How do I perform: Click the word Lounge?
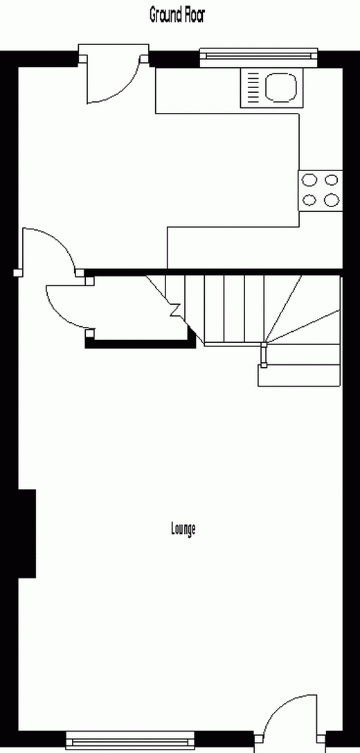click(x=183, y=529)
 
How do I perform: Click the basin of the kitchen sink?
click(x=281, y=87)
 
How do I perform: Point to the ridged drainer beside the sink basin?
click(x=253, y=87)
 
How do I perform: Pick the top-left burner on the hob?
click(x=309, y=181)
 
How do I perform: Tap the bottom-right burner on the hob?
click(x=331, y=200)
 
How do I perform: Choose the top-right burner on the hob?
click(x=331, y=181)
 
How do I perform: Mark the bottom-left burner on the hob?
click(x=309, y=200)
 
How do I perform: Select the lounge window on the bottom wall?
click(x=130, y=740)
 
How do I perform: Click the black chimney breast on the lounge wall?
click(x=27, y=533)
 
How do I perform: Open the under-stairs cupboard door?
click(x=68, y=306)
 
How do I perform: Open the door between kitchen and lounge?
click(x=48, y=249)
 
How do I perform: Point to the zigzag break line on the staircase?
click(x=174, y=311)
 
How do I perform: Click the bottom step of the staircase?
click(x=299, y=375)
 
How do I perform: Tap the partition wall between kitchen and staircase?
click(x=213, y=272)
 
